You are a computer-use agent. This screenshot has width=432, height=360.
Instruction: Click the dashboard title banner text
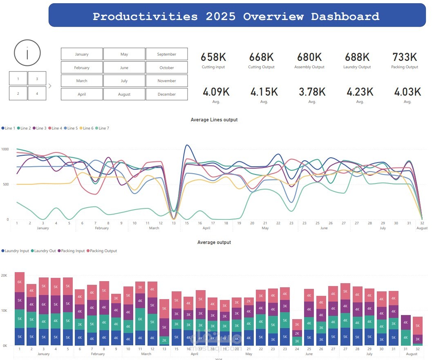236,16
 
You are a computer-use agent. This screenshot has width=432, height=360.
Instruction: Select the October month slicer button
167,68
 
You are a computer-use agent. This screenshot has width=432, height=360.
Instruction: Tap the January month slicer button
82,54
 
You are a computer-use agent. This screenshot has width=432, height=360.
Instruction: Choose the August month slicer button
124,94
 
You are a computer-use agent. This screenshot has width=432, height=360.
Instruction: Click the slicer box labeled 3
37,78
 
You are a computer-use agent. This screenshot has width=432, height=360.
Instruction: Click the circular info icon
27,53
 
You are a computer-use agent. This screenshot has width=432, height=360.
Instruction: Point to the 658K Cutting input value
213,57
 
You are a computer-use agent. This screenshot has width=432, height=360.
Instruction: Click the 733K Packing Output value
404,57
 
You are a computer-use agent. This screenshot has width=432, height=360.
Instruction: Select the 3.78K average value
312,92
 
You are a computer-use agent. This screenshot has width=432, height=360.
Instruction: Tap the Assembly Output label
309,67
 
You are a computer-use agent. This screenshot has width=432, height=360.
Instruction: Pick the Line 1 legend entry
9,128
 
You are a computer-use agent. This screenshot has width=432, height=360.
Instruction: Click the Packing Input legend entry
72,251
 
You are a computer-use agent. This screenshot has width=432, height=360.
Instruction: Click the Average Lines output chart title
214,120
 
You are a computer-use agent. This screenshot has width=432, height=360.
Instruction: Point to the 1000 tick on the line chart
4,150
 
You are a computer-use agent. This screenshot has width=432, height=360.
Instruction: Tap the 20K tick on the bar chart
4,275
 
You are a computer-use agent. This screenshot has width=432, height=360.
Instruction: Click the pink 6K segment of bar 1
20,282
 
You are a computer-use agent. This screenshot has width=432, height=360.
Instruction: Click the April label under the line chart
206,228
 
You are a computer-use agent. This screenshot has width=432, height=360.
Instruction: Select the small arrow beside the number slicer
50,86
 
